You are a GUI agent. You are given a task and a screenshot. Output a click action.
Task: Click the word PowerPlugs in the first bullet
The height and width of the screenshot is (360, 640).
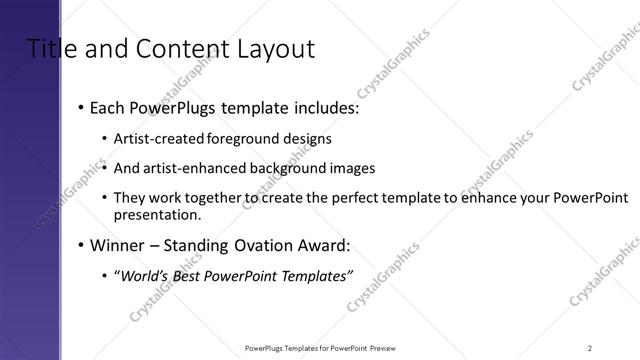[x=169, y=107]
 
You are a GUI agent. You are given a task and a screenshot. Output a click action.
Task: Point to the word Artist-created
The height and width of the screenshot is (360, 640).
[x=158, y=138]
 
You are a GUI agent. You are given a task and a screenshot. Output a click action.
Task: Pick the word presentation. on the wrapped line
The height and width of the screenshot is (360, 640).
[x=158, y=214]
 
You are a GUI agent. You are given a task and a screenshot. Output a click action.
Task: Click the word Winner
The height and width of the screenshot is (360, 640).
[x=117, y=245]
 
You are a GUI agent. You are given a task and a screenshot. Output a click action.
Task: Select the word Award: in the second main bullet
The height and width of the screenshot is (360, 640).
[x=324, y=245]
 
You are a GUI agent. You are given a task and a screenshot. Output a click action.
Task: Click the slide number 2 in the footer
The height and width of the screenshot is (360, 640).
[x=590, y=347]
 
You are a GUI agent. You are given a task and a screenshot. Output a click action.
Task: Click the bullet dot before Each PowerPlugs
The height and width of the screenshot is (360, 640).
[x=80, y=108]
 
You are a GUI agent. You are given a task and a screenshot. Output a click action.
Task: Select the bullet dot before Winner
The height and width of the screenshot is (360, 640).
[x=80, y=246]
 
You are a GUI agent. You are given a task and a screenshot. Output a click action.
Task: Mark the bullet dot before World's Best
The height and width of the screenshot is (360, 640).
[x=106, y=277]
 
